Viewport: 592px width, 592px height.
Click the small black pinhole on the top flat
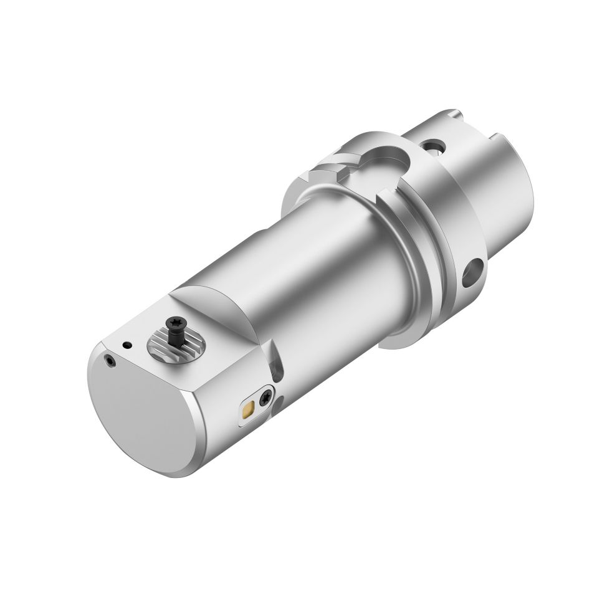click(127, 344)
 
